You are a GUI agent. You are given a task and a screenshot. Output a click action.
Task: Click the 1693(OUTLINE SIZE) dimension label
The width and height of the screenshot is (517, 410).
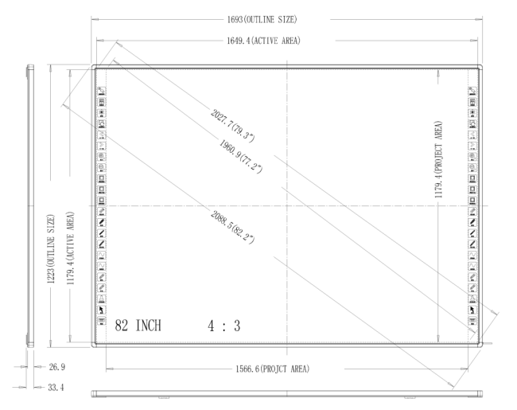(x=262, y=19)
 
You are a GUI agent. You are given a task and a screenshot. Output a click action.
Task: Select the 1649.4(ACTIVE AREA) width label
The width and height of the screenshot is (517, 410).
(x=263, y=41)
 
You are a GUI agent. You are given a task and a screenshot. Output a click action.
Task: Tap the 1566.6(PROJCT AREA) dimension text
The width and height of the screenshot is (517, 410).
(x=272, y=369)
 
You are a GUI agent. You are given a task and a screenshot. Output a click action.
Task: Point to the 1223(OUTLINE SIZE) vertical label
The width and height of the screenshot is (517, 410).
(x=50, y=249)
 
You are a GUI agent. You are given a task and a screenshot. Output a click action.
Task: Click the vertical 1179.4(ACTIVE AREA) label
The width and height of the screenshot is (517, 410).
(x=71, y=248)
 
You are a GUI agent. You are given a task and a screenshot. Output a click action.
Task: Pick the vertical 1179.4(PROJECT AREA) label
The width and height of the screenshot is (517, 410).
(x=438, y=160)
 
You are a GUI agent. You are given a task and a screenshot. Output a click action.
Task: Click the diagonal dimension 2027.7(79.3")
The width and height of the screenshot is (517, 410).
(x=232, y=126)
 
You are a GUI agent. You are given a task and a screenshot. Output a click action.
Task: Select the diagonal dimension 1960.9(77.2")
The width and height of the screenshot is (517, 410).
(x=241, y=156)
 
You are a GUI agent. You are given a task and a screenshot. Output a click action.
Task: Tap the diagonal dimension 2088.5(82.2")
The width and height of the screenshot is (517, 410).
(x=232, y=227)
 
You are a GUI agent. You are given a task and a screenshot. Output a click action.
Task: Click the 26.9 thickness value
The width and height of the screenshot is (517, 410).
(x=57, y=367)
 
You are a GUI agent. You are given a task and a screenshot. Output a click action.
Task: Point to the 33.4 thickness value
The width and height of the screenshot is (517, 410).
(x=56, y=387)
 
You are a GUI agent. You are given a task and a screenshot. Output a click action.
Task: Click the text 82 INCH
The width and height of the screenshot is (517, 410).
(x=138, y=326)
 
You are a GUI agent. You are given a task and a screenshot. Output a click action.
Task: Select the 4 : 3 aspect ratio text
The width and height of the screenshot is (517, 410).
(x=224, y=326)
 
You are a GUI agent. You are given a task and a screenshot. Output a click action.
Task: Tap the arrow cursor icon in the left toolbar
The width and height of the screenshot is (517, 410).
(x=102, y=310)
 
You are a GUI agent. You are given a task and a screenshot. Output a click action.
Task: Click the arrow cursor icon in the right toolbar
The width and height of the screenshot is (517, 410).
(x=472, y=310)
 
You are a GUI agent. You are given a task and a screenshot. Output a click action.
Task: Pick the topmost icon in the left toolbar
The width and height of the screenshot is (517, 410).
(x=102, y=91)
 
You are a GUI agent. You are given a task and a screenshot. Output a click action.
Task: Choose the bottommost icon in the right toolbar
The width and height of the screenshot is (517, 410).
(x=472, y=321)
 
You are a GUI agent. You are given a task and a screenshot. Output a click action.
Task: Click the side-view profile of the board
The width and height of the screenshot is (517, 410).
(x=30, y=205)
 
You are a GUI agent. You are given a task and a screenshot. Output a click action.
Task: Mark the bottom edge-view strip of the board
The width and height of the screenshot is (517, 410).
(x=287, y=393)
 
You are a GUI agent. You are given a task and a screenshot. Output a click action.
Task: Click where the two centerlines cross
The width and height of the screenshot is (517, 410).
(x=287, y=205)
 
